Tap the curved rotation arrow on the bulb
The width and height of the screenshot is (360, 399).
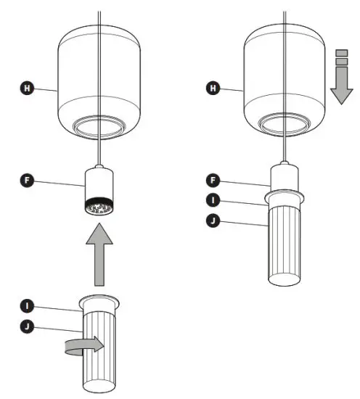point(87,344)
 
